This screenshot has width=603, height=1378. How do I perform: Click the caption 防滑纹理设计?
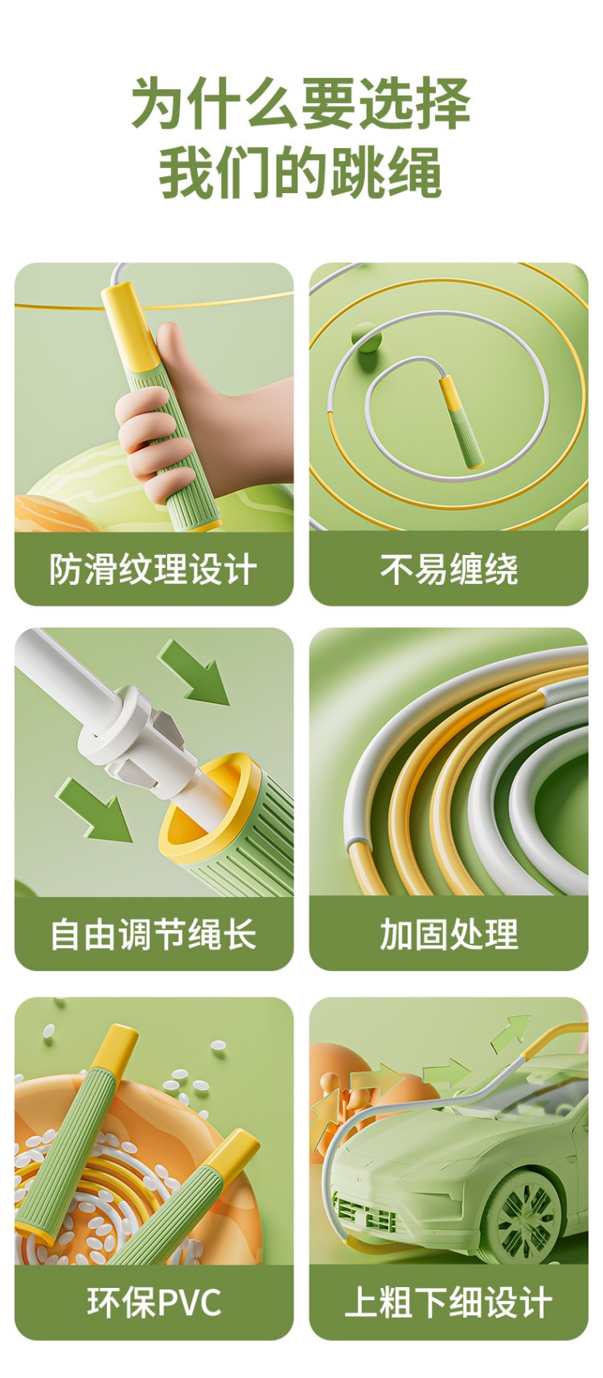[153, 569]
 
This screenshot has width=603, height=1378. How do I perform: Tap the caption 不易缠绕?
[449, 569]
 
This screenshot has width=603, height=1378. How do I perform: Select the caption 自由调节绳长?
[153, 934]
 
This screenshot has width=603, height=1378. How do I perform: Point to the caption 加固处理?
[449, 934]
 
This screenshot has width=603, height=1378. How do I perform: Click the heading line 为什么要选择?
[301, 103]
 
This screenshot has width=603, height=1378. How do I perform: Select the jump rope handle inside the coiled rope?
[461, 422]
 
